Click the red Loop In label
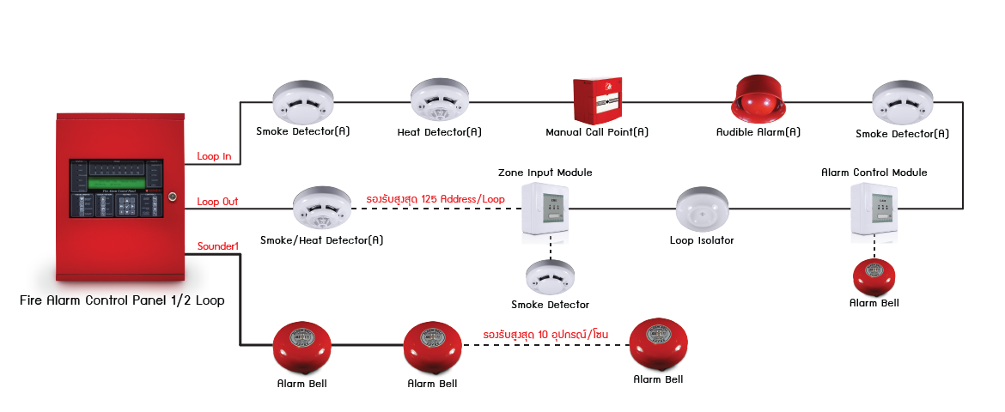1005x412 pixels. pos(213,156)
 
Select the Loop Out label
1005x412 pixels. pos(217,202)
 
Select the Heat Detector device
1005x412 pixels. pos(440,101)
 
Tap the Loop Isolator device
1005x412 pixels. pos(702,209)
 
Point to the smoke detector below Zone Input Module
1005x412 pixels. pos(550,277)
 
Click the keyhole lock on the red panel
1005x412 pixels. pos(172,197)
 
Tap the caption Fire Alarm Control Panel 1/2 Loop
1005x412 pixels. pos(122,300)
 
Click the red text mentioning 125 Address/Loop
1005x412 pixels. pos(435,199)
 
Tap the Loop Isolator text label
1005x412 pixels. pos(702,240)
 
